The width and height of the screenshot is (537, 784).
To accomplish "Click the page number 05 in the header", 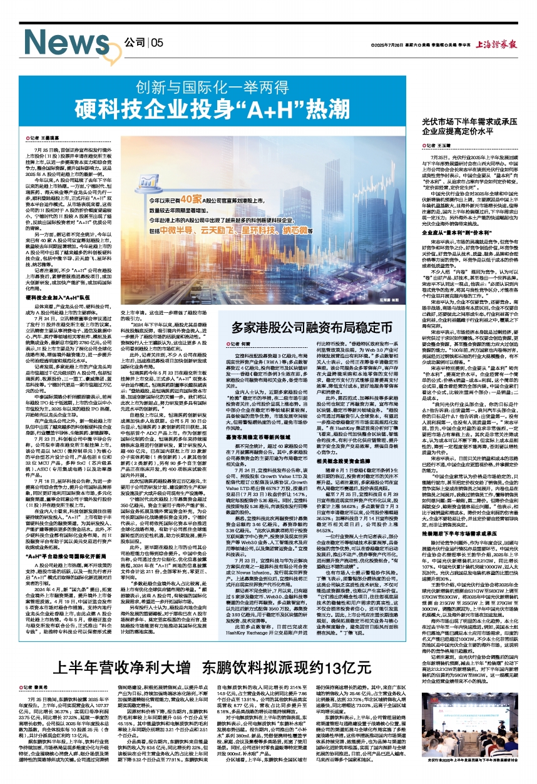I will click(x=155, y=42).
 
